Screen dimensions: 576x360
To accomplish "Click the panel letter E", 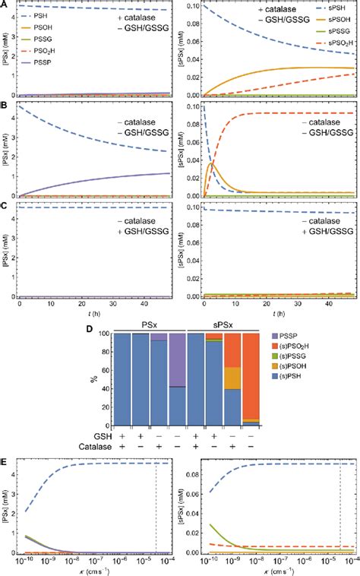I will (x=5, y=441).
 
